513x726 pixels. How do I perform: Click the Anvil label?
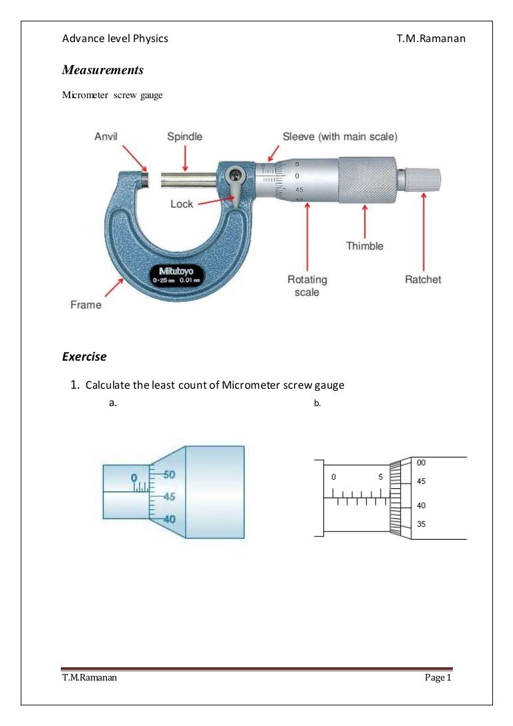coord(106,136)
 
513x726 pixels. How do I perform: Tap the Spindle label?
coord(184,136)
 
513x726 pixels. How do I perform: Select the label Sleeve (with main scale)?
coord(340,136)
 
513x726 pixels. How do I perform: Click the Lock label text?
coord(182,204)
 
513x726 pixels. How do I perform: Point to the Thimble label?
coord(365,246)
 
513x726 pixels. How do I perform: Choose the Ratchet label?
coord(423,279)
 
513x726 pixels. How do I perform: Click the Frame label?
coord(86,305)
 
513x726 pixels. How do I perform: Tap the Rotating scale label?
coord(303,286)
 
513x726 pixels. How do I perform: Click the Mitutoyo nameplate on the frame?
coord(176,275)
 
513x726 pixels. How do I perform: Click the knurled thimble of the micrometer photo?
coord(365,180)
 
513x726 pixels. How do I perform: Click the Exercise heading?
coord(84,357)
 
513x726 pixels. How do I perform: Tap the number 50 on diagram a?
coord(168,474)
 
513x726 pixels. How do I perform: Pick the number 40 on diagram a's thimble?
coord(168,518)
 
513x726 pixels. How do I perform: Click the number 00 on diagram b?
coord(421,462)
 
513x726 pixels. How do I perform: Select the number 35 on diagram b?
coord(421,524)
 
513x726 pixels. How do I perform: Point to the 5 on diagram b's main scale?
coord(380,477)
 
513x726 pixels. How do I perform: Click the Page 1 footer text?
coord(439,679)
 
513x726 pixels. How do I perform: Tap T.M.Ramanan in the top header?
coord(430,39)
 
